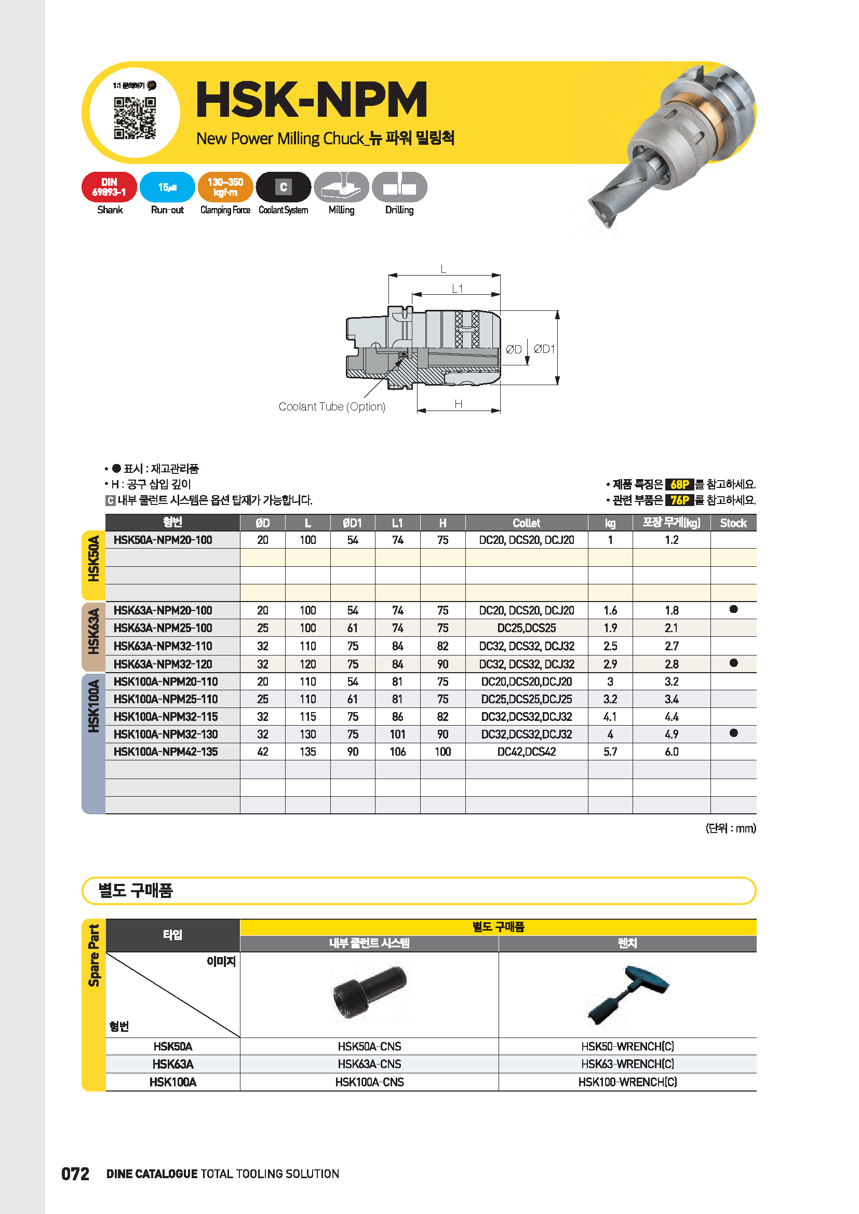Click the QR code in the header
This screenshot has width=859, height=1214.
(135, 118)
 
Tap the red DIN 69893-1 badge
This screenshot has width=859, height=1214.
(109, 187)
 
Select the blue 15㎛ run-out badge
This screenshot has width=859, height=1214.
(167, 187)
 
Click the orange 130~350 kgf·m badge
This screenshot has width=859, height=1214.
(225, 187)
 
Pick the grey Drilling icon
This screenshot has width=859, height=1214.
(399, 187)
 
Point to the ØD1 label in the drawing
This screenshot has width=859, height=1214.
(544, 349)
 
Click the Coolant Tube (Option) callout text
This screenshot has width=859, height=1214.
(332, 406)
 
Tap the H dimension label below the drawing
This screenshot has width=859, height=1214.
(458, 404)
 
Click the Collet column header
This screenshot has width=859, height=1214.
(526, 523)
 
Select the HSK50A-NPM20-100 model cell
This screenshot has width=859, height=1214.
(163, 540)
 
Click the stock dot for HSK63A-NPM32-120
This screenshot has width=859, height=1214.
(733, 663)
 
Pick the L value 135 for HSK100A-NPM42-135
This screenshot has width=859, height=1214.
(308, 752)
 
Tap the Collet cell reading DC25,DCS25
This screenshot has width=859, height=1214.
(526, 628)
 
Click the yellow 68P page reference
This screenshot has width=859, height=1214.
(679, 484)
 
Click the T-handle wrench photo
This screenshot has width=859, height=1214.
(628, 993)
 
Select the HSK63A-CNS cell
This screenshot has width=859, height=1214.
(369, 1064)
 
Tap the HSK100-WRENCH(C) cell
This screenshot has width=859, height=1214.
(627, 1082)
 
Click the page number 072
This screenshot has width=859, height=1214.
(75, 1174)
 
